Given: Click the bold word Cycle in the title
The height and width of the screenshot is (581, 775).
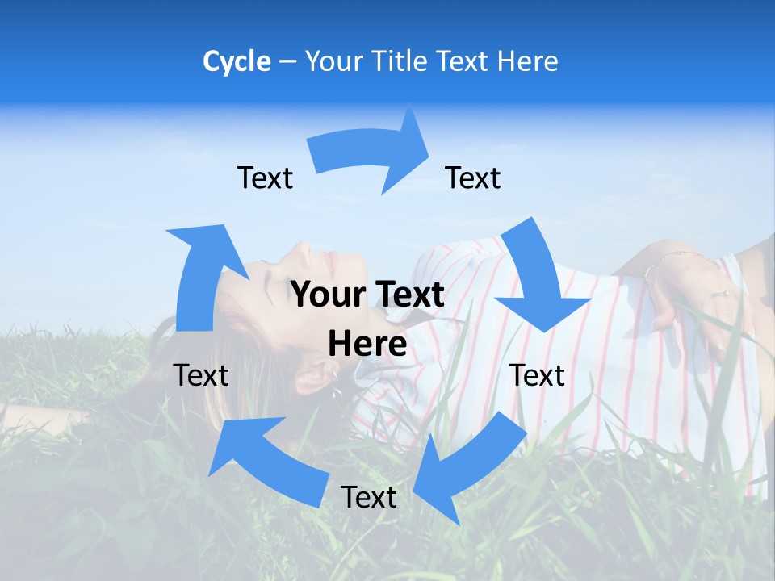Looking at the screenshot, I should (237, 61).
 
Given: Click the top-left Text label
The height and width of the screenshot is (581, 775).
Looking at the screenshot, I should (265, 178).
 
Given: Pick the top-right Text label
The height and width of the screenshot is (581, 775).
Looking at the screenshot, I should (473, 178).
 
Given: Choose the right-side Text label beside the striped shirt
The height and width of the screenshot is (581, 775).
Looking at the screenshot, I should (537, 375).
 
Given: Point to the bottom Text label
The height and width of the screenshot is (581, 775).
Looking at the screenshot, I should (368, 497).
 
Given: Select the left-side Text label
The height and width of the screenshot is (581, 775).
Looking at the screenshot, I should (201, 375).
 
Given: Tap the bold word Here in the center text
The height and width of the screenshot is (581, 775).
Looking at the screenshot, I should (367, 344).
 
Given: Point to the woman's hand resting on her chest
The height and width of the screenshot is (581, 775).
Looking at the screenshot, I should (686, 290).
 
